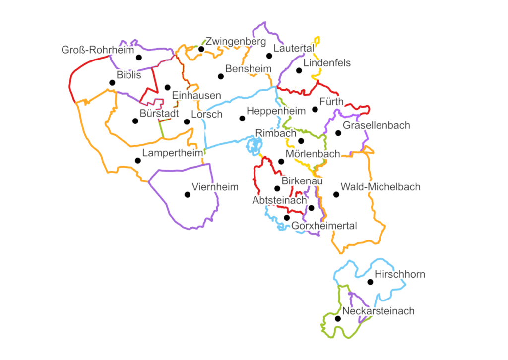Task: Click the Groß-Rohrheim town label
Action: point(98,50)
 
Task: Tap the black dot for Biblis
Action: point(113,83)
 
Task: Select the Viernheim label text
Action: point(215,187)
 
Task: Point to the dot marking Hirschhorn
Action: point(370,282)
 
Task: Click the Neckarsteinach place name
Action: point(378,311)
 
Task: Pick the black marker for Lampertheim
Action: point(137,160)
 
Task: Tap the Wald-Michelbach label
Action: point(381,187)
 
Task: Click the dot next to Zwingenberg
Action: point(201,49)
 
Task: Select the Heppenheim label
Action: point(276,111)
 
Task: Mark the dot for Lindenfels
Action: point(299,70)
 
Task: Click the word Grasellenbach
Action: point(377,125)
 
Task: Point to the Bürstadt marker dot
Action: point(135,121)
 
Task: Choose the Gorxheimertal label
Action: point(324,226)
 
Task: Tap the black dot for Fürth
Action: point(315,109)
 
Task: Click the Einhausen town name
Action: point(196,96)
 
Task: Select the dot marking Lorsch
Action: point(187,121)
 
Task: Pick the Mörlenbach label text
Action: point(313,154)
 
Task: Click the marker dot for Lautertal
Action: point(269,56)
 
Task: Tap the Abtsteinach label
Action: point(279,200)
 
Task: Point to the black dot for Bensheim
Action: point(221,76)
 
